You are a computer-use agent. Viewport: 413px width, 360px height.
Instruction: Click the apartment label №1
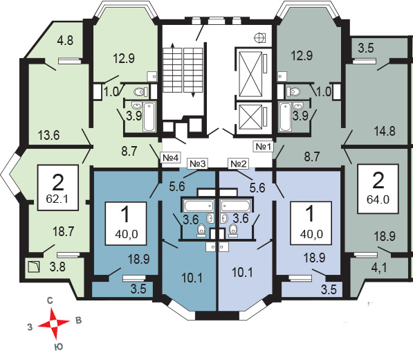tap(263, 146)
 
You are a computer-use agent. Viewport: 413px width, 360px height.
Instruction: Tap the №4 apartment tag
tap(170, 158)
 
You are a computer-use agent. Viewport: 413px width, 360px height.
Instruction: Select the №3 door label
tap(198, 163)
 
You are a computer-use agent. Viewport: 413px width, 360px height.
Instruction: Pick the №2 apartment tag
tap(239, 163)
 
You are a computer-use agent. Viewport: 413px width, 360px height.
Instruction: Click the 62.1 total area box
tap(58, 188)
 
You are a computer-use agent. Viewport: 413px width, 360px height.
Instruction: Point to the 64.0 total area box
tap(378, 189)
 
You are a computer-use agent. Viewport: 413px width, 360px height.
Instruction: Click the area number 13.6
tap(48, 136)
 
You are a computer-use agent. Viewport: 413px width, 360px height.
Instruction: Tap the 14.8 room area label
tap(385, 131)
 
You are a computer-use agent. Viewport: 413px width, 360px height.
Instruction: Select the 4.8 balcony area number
tap(65, 41)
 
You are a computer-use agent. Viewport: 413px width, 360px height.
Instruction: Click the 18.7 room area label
tap(63, 232)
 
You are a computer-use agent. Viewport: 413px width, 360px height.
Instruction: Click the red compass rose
tap(54, 323)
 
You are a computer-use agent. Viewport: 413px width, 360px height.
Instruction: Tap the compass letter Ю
tap(59, 347)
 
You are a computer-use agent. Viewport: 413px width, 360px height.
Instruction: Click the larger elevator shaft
tap(250, 74)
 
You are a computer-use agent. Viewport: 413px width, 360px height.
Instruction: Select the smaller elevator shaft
tap(250, 116)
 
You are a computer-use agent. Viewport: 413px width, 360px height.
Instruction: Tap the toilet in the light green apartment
tap(140, 92)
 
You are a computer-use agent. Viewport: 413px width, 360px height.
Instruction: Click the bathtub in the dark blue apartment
tap(199, 206)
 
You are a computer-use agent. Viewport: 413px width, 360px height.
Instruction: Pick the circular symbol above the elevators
tap(259, 37)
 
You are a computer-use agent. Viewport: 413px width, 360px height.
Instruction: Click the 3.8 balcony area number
tap(57, 267)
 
